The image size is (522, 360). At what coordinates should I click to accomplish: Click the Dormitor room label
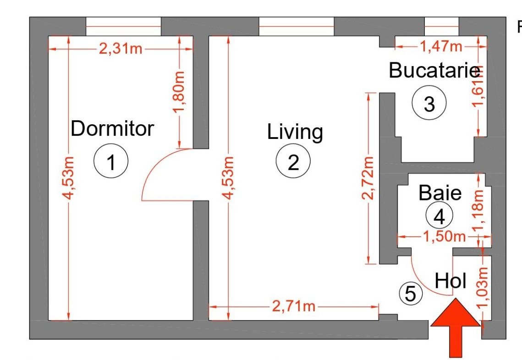tap(112, 128)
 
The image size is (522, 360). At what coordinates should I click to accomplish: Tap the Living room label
tap(295, 132)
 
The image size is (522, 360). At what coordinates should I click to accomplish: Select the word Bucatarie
tap(434, 70)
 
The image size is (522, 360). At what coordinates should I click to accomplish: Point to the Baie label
tap(440, 193)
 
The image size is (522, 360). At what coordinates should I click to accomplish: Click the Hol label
tap(451, 281)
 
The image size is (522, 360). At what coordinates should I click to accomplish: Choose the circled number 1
tap(111, 161)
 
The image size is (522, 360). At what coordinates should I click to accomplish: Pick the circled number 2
tap(293, 161)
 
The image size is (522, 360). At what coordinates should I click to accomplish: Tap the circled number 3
tap(429, 103)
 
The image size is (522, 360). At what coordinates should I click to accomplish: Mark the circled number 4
tap(440, 216)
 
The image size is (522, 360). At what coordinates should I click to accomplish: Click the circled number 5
tap(411, 294)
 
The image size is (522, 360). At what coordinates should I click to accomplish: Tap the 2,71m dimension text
tap(294, 306)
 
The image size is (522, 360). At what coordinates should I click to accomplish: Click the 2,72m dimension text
tap(368, 178)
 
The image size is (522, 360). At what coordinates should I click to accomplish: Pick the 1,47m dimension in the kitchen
tap(441, 46)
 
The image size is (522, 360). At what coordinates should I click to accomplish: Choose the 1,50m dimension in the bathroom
tap(445, 237)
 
